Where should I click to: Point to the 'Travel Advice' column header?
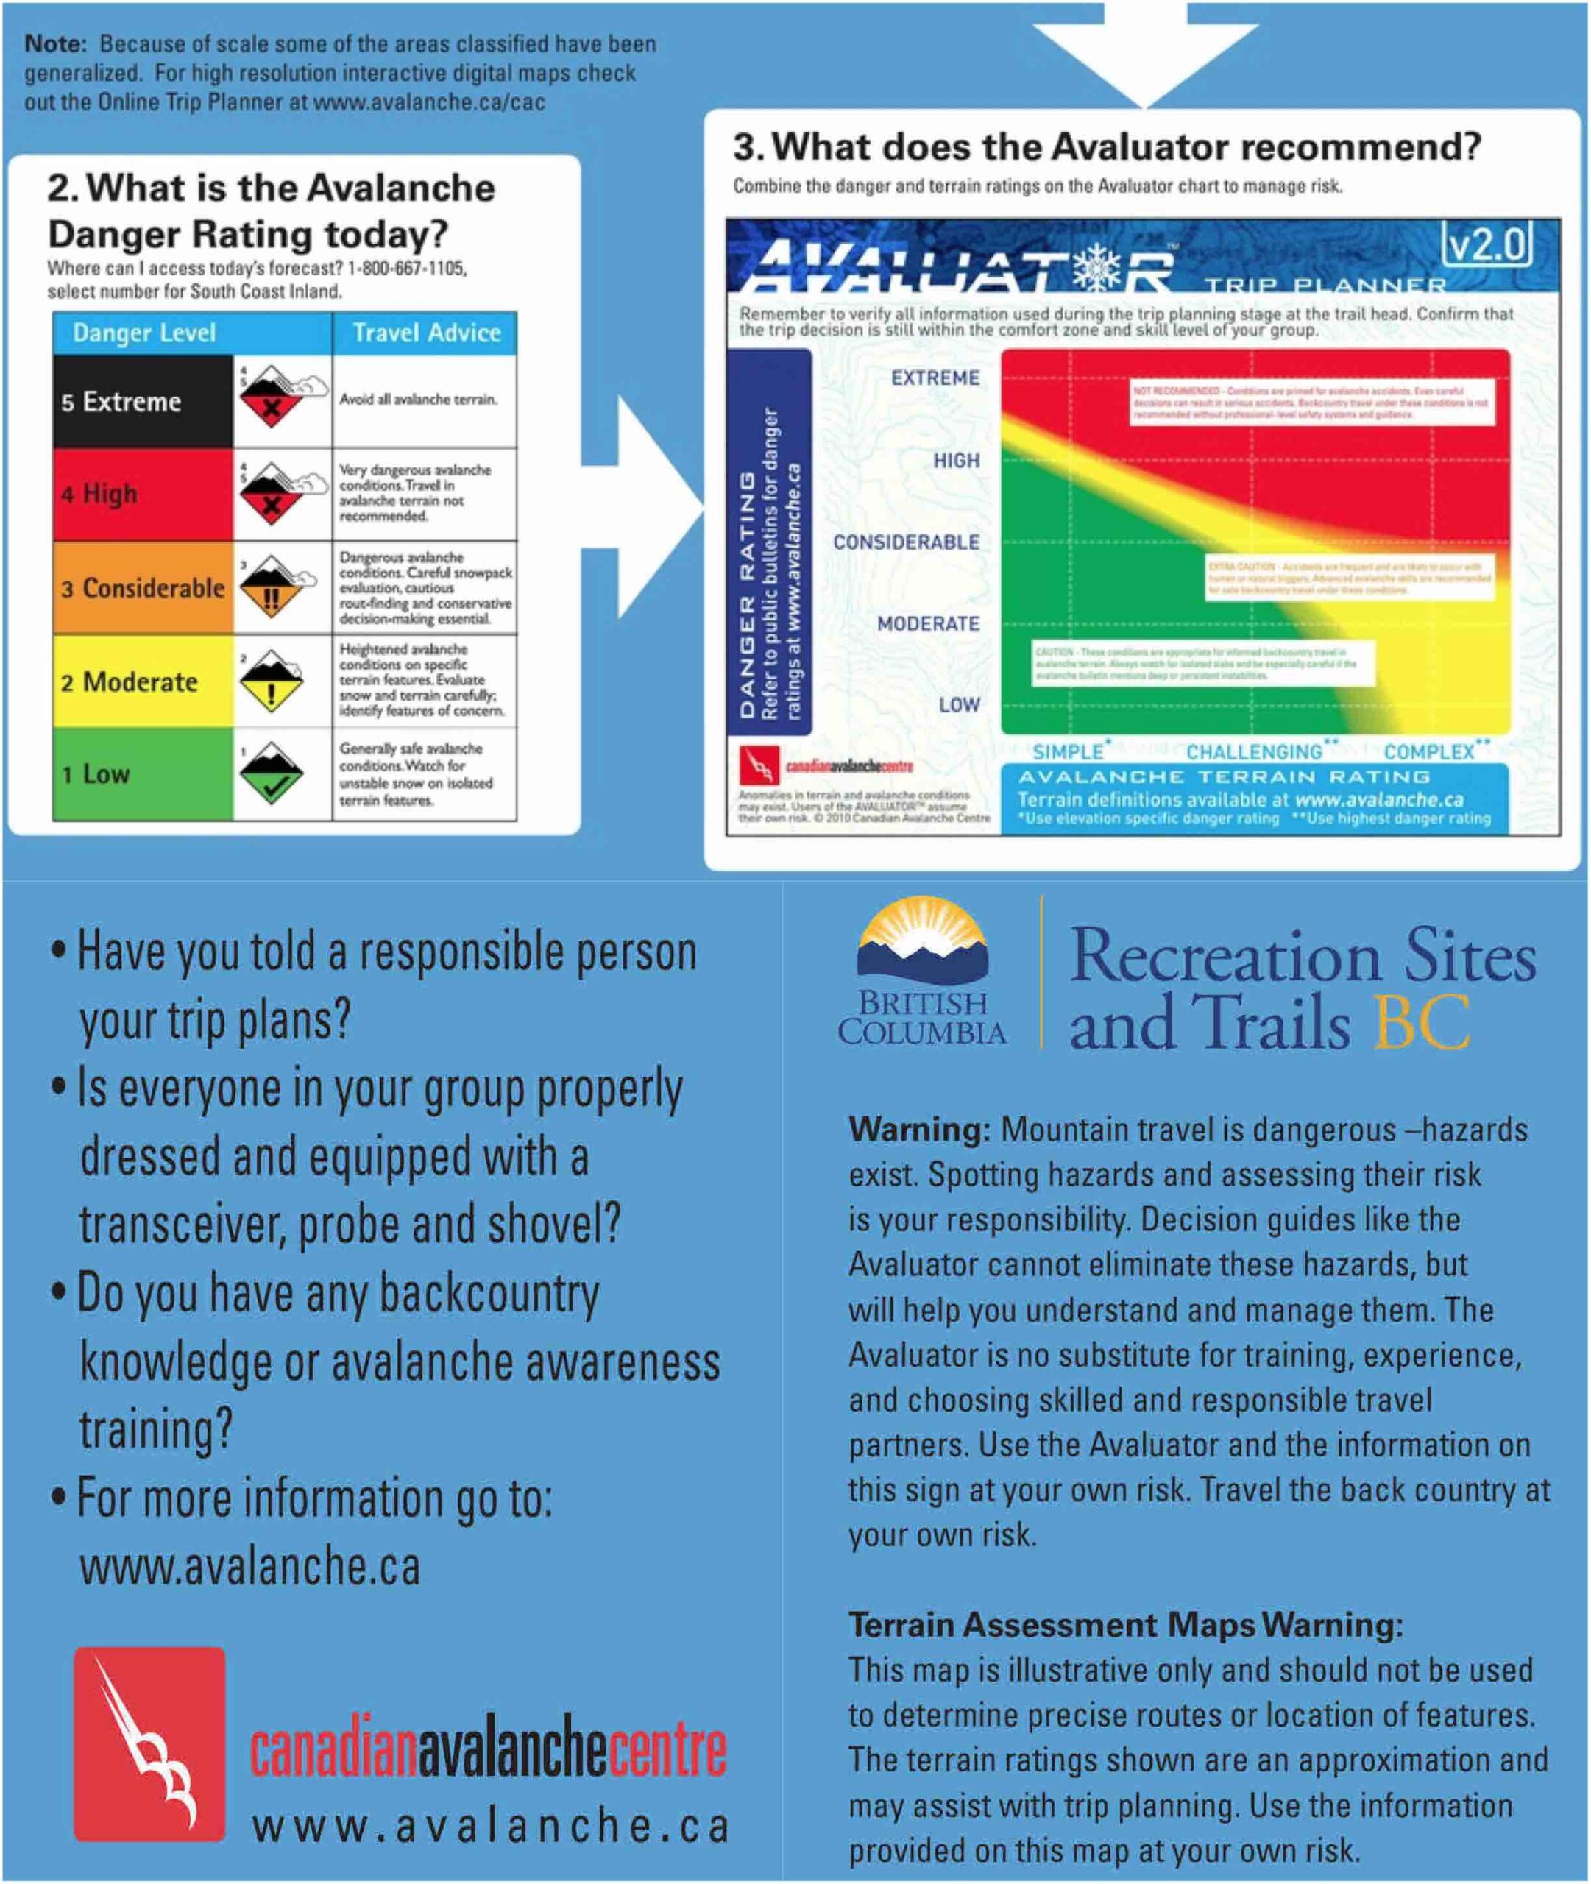(x=425, y=333)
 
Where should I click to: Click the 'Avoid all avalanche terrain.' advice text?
(x=417, y=400)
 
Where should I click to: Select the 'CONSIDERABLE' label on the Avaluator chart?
(x=906, y=542)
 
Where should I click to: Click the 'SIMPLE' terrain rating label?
(x=1068, y=751)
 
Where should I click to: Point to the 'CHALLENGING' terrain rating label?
(x=1254, y=751)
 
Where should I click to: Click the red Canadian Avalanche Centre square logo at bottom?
(x=149, y=1743)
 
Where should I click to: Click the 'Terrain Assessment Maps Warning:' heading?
(x=1126, y=1625)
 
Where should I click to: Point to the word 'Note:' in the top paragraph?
(x=56, y=43)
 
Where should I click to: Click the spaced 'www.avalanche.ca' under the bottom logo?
(x=490, y=1827)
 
